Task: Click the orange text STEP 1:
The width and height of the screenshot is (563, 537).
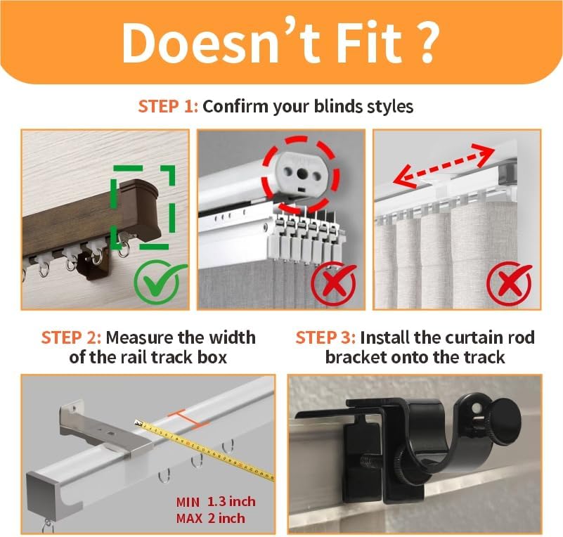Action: coord(168,107)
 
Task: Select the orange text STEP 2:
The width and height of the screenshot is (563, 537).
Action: coord(71,338)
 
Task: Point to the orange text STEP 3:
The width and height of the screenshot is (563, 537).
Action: coord(325,338)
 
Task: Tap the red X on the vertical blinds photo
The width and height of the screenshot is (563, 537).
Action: coord(334,283)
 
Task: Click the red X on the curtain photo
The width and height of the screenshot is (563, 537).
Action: coord(509,283)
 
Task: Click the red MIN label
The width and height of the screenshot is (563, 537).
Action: coord(188,502)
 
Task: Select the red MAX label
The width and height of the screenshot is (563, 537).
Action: coord(189,518)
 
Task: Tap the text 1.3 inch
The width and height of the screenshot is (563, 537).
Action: coord(231,501)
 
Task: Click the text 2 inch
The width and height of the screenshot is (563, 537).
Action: coord(226,518)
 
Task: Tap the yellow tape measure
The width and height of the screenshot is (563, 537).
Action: coord(205,450)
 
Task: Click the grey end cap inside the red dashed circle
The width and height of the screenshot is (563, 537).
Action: coord(302,175)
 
